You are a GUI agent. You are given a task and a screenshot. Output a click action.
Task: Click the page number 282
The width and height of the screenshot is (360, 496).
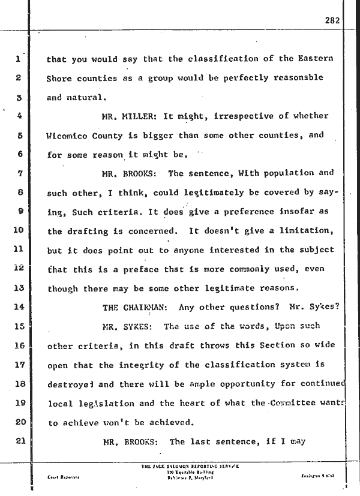(x=332, y=20)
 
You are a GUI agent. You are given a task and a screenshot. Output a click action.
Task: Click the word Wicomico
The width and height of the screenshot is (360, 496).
(x=71, y=136)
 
